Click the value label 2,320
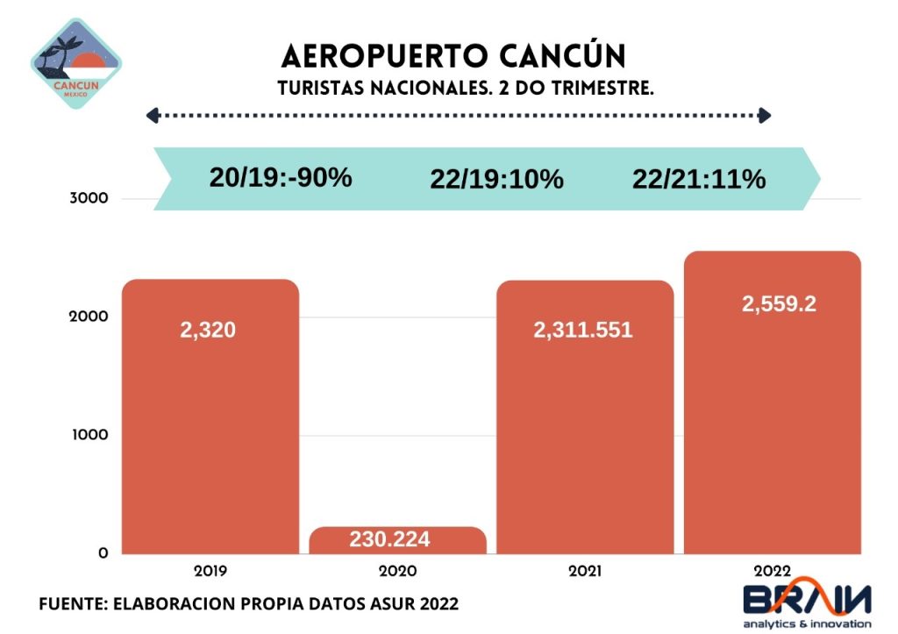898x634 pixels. coord(208,331)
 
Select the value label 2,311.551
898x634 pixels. coord(583,331)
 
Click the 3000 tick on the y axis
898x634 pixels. coord(88,198)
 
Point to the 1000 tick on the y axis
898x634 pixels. coord(88,435)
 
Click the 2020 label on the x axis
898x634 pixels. coord(397,571)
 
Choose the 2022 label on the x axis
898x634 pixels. coord(772,571)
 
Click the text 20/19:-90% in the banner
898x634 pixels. coord(281,177)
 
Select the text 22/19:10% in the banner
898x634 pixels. coord(496,180)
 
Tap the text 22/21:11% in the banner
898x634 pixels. coord(699,180)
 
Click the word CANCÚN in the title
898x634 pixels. coord(563,56)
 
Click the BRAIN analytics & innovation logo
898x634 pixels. coord(808,603)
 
